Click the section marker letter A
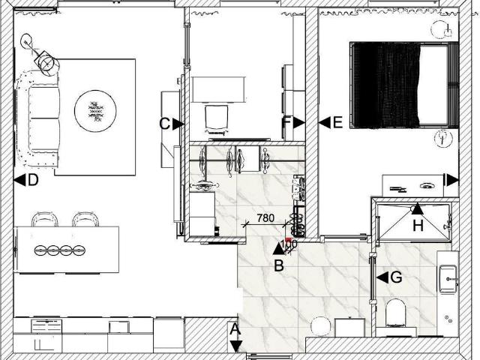click(235, 330)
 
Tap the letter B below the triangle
click(279, 265)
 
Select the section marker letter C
click(165, 124)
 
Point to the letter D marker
click(33, 180)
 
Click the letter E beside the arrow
click(337, 123)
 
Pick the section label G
click(397, 277)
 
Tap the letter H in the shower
click(418, 226)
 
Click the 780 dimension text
click(265, 218)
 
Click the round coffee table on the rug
click(95, 111)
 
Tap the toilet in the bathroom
click(396, 313)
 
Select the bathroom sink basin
click(448, 278)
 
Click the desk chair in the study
click(217, 119)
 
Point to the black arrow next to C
click(178, 124)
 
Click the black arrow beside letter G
click(382, 277)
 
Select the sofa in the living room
click(39, 118)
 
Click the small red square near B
click(288, 240)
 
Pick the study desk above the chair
click(218, 89)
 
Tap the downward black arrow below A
click(235, 346)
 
